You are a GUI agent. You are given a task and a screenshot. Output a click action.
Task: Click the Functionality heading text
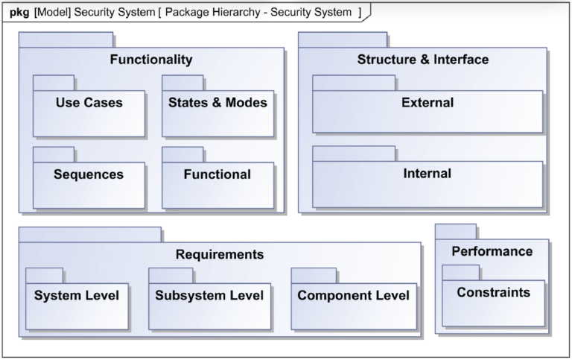click(x=151, y=60)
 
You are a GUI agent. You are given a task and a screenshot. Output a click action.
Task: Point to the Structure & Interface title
click(x=422, y=60)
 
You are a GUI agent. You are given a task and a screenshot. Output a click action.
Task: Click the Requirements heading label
click(x=219, y=254)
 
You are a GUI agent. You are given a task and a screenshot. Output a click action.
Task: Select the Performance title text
click(x=492, y=251)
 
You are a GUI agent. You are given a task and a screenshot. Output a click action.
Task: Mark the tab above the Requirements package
click(x=89, y=234)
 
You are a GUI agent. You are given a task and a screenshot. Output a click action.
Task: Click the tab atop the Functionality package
click(x=66, y=40)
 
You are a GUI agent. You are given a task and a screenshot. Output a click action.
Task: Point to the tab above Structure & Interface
click(x=343, y=40)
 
